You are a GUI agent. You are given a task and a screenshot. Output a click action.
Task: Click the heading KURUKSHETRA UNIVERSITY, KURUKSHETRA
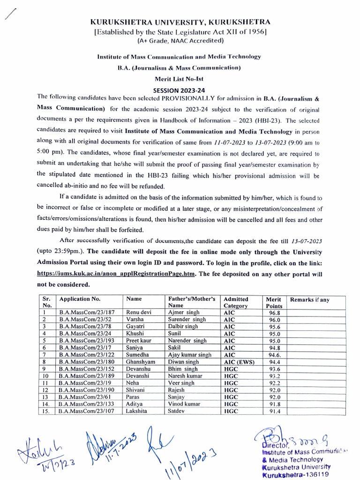180,22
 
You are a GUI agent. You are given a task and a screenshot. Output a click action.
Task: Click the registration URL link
115,275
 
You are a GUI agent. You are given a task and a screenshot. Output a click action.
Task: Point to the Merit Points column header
273,302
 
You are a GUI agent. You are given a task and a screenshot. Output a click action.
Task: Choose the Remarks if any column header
310,299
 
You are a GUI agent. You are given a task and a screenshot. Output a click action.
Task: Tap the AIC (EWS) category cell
239,361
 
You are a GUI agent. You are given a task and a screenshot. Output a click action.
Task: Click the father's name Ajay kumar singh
189,354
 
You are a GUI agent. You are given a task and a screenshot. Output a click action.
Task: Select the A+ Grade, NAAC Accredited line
180,41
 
